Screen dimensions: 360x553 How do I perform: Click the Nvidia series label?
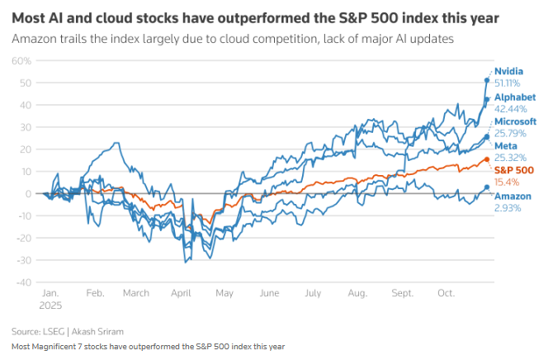coord(508,71)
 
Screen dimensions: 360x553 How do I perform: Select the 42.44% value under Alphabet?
coord(509,107)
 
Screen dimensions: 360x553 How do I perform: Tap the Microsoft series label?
coord(515,121)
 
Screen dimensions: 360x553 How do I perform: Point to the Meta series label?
coord(505,145)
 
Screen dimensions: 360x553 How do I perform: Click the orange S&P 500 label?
coord(513,170)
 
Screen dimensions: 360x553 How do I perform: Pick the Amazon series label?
coord(513,196)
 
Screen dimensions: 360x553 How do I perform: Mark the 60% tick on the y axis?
coord(21,61)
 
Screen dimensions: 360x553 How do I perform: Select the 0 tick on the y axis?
coord(28,194)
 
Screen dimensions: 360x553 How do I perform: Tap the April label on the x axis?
coord(181,293)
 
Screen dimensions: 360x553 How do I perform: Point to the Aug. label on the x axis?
coord(357,293)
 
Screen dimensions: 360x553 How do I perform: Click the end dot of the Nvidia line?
coord(487,80)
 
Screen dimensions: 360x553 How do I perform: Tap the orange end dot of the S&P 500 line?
coord(487,159)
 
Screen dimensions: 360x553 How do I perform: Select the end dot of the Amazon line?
coord(487,187)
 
